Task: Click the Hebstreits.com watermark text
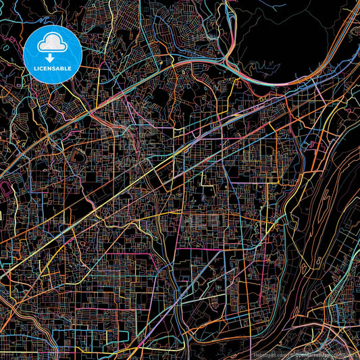pos(269,355)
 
